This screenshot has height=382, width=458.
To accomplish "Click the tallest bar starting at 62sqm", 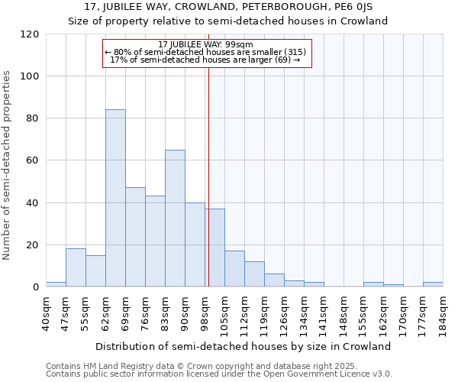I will [x=115, y=198].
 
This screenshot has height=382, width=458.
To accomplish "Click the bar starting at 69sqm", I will [x=135, y=237].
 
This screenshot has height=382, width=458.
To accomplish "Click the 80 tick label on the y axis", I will [x=33, y=118].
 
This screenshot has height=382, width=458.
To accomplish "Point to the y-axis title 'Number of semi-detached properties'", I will [x=8, y=165].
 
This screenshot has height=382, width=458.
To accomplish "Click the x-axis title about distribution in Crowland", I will [x=244, y=346].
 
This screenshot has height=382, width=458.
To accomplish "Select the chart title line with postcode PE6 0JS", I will [x=228, y=7].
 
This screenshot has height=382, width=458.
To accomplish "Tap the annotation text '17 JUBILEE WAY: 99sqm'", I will [x=206, y=45].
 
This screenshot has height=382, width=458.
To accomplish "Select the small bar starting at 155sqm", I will [x=373, y=284].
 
